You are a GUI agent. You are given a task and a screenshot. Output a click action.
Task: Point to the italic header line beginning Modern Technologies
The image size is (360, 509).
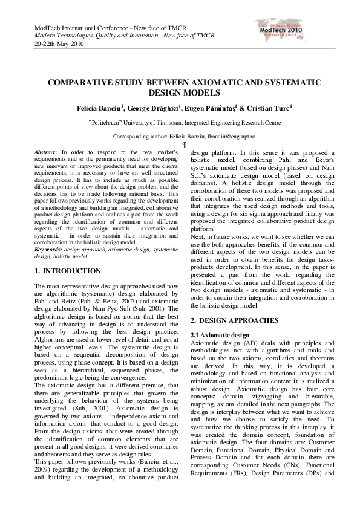pos(106,36)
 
